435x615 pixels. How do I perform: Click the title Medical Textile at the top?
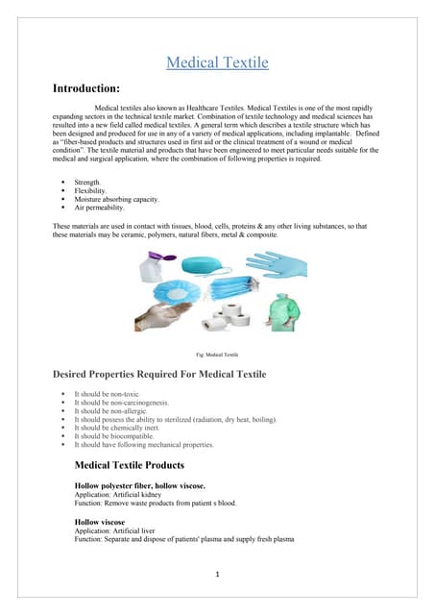pyautogui.click(x=217, y=63)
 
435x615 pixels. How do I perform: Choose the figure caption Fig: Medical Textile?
pyautogui.click(x=217, y=355)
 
